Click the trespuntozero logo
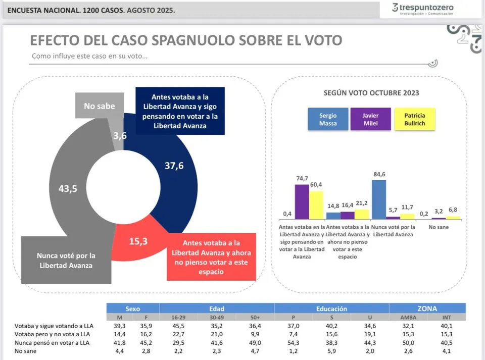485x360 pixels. pos(422,9)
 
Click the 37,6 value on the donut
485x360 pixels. pos(174,166)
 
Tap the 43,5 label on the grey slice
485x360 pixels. pos(68,188)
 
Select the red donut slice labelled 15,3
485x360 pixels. pos(139,241)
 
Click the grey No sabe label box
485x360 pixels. pos(99,106)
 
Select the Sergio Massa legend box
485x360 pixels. pos(327,119)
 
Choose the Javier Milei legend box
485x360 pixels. pos(371,119)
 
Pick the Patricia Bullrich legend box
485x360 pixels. pos(414,119)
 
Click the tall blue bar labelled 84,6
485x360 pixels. pos(379,199)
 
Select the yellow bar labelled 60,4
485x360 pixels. pos(316,205)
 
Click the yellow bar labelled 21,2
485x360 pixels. pos(362,214)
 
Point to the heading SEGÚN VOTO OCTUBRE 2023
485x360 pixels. pos(371,93)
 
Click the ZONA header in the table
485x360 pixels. pos(427,308)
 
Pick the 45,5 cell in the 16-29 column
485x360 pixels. pos(178,326)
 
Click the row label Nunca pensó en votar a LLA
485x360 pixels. pos(53,342)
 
